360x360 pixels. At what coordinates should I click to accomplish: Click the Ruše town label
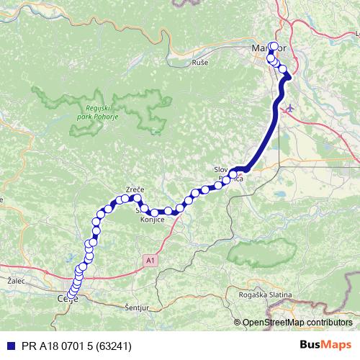pos(199,63)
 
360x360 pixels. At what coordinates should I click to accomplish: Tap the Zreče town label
pos(135,189)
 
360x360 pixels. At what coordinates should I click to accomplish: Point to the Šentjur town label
pos(136,307)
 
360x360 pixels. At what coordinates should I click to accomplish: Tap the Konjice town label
pos(153,219)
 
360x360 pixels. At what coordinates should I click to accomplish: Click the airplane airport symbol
pos(290,109)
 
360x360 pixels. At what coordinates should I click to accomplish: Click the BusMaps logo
pos(326,345)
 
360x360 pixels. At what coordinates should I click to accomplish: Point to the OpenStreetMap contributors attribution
pos(297,323)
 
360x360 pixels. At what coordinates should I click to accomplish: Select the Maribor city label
pos(269,48)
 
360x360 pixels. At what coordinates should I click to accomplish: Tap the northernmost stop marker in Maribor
pos(272,48)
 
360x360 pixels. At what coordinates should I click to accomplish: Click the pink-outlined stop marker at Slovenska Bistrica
pos(233,173)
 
